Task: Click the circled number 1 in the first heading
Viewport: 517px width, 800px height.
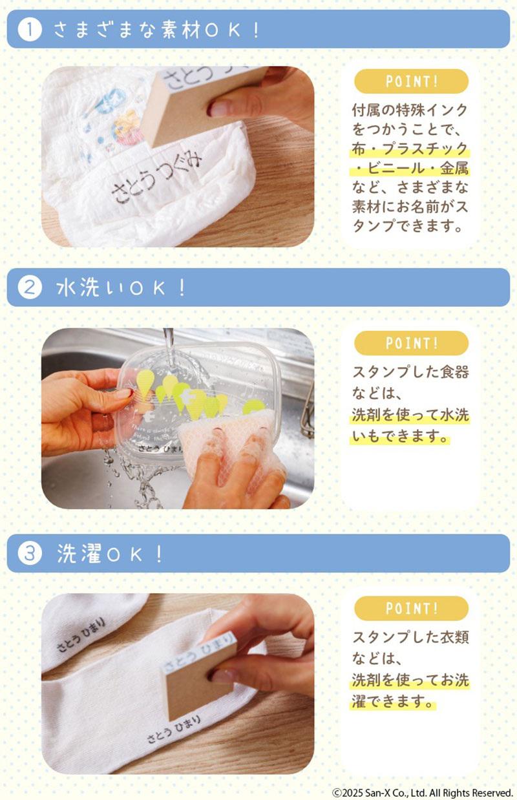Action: click(30, 30)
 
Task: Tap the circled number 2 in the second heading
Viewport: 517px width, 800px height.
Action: click(30, 288)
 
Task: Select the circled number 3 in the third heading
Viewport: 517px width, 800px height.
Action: click(30, 554)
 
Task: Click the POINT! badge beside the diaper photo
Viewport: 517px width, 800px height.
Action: click(411, 82)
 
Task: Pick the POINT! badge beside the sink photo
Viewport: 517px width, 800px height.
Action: click(411, 343)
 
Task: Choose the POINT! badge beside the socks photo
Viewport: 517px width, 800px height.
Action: click(411, 608)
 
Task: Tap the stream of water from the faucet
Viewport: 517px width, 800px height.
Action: click(169, 349)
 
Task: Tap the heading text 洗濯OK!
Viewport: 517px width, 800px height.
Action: click(110, 554)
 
